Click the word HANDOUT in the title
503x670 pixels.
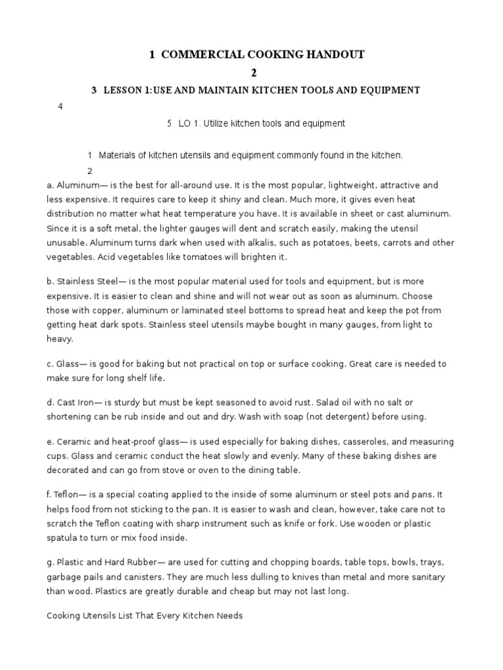click(329, 55)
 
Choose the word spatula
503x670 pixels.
click(63, 538)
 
